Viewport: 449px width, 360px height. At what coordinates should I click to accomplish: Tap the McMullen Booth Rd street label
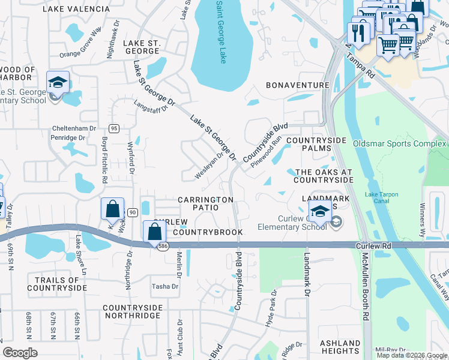364,293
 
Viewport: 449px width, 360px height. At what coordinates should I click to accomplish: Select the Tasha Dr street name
165,286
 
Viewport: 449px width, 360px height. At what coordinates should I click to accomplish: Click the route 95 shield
114,128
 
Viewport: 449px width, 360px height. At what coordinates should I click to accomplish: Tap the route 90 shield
131,212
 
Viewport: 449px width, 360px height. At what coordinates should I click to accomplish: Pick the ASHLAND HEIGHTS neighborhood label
340,347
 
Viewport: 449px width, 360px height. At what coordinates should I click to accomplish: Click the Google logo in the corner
20,353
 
